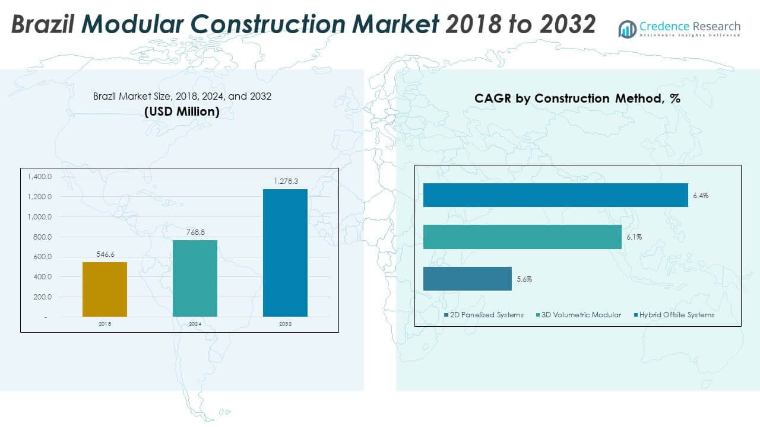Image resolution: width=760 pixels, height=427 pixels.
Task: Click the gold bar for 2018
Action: [104, 289]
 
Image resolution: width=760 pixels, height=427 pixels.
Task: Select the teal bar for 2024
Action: [195, 278]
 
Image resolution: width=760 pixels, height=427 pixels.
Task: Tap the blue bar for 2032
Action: [285, 253]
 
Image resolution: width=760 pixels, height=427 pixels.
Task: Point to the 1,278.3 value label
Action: [286, 182]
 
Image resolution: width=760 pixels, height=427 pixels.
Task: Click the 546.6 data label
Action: [105, 254]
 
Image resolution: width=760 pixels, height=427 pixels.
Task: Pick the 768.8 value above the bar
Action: [195, 232]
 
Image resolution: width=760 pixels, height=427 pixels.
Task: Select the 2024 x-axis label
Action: [195, 324]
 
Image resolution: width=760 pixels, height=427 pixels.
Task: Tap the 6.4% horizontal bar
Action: [555, 195]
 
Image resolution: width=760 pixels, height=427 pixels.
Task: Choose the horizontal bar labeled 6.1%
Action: [522, 237]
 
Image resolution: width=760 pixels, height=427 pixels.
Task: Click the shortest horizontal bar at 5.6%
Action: [467, 279]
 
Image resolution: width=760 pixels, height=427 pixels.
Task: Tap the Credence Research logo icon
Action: [628, 28]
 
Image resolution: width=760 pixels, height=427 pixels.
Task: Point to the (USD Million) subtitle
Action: [182, 111]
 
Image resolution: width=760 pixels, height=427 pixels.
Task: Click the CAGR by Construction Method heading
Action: [577, 98]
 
